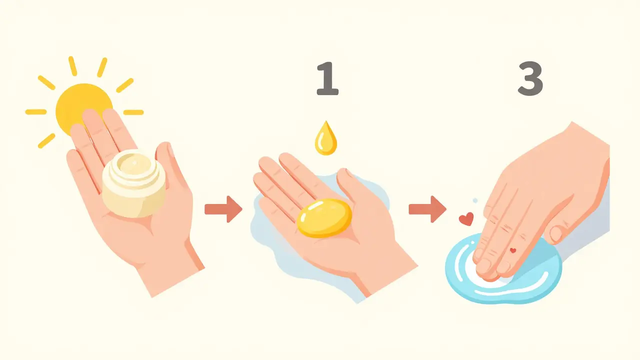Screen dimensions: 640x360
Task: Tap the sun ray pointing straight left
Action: click(36, 111)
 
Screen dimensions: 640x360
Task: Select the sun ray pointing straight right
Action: click(133, 112)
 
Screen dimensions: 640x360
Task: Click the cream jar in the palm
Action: click(133, 183)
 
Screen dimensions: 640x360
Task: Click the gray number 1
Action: click(327, 78)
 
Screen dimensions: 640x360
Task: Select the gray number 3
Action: click(530, 78)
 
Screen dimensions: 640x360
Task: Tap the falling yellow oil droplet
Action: click(326, 139)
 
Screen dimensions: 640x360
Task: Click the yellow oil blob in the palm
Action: click(324, 218)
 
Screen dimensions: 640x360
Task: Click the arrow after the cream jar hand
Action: click(223, 209)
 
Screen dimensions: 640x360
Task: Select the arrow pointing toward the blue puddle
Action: click(427, 209)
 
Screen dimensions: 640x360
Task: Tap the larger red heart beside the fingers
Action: click(466, 219)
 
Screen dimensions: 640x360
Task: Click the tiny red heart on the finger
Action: click(513, 250)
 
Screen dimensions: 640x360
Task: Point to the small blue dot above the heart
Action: click(475, 200)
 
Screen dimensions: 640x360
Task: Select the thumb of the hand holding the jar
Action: click(169, 168)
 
